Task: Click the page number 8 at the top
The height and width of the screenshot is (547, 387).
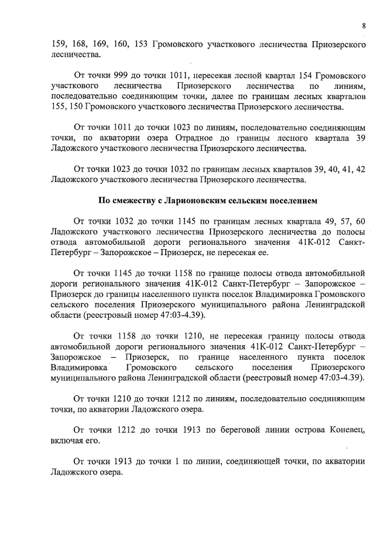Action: (x=364, y=25)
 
